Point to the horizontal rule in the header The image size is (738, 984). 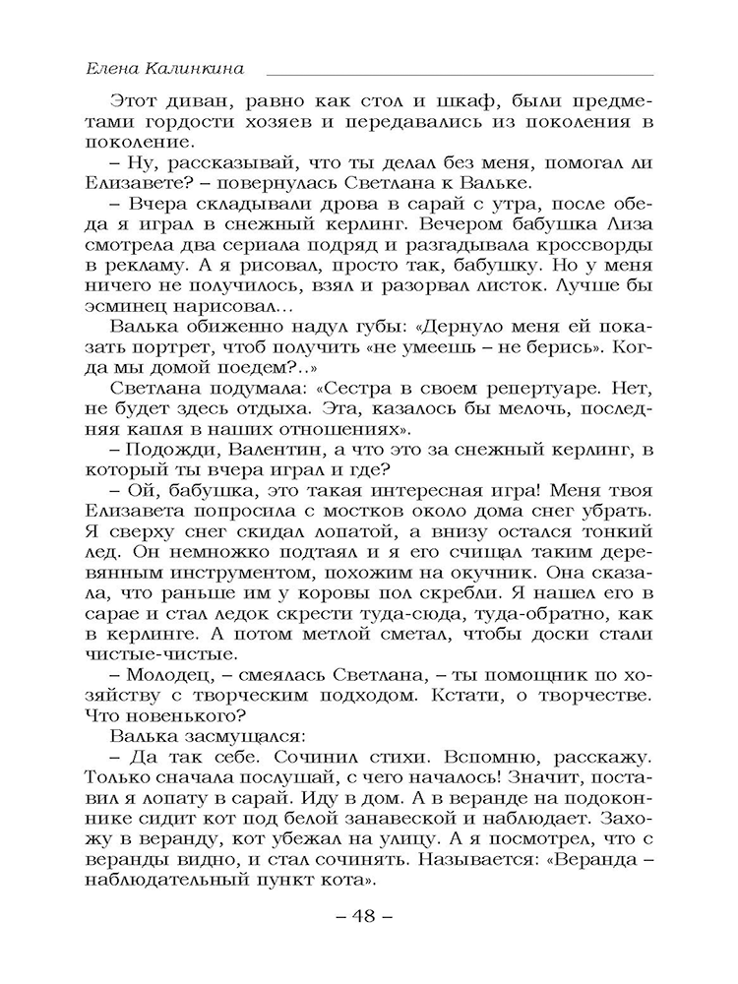[459, 75]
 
